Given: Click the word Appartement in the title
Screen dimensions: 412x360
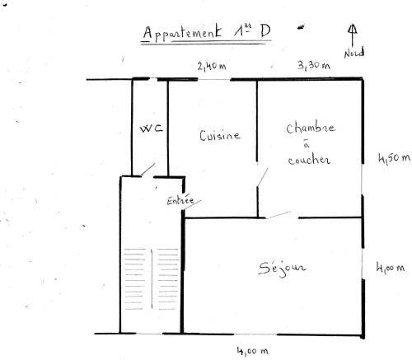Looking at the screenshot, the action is [x=182, y=33].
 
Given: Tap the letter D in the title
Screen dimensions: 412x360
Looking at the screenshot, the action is [x=265, y=31].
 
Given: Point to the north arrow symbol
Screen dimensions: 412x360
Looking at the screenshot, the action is [x=353, y=35].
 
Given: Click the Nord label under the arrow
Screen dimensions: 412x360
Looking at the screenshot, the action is [x=354, y=53].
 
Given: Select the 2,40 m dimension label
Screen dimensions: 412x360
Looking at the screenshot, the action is [x=212, y=66].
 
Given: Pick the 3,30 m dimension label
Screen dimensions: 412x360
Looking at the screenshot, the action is [x=314, y=65].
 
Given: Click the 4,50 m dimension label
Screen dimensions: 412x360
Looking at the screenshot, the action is [x=394, y=158].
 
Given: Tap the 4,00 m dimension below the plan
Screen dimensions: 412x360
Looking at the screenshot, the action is [x=253, y=351].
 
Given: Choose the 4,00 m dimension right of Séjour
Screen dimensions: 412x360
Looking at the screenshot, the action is [x=391, y=268].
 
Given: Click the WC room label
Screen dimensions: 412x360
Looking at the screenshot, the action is [x=152, y=129].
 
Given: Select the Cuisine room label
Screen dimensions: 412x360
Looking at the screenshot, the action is [x=220, y=135].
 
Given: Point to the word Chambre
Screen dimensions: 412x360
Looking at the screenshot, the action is [x=311, y=127].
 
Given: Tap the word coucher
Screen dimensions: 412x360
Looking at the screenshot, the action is [x=309, y=160].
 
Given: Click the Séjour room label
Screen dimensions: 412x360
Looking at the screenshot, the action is [x=282, y=268].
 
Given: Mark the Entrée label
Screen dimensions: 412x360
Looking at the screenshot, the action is [x=180, y=200].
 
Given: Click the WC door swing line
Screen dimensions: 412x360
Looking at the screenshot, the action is [x=148, y=170].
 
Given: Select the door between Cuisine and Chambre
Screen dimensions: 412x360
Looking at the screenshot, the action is [x=262, y=177].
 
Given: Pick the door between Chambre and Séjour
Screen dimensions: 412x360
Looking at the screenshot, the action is [x=279, y=215].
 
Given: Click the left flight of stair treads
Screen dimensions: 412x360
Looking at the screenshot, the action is [x=134, y=278].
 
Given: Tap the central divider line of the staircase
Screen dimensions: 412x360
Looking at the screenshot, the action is [x=152, y=279].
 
